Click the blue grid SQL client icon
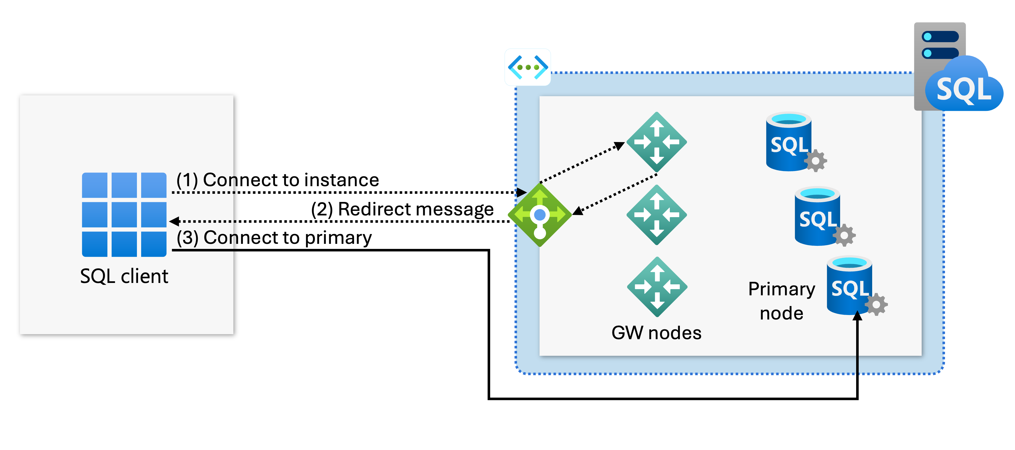pyautogui.click(x=124, y=215)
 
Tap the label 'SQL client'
pyautogui.click(x=124, y=276)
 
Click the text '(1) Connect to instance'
pyautogui.click(x=278, y=180)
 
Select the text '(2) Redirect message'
pyautogui.click(x=402, y=209)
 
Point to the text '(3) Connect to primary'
pyautogui.click(x=274, y=238)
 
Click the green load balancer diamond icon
pyautogui.click(x=540, y=215)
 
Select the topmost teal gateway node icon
pyautogui.click(x=657, y=142)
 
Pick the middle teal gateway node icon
pyautogui.click(x=657, y=215)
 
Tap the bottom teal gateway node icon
pyautogui.click(x=657, y=287)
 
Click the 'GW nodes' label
pyautogui.click(x=657, y=333)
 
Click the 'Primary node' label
pyautogui.click(x=781, y=301)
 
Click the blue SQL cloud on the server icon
pyautogui.click(x=963, y=87)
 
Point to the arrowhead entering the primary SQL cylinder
pyautogui.click(x=857, y=316)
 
